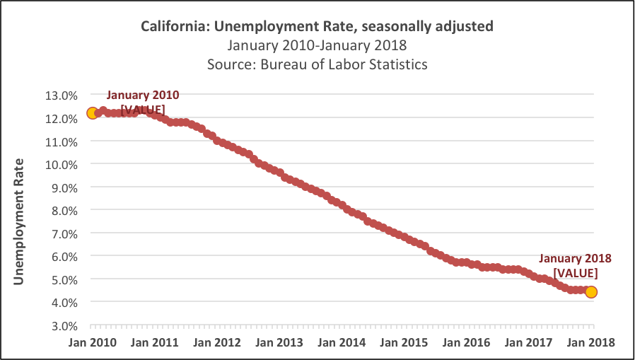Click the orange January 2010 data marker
point(92,112)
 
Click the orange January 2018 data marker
point(591,292)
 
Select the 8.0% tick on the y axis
point(64,210)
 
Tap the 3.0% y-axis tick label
point(64,325)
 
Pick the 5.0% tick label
point(64,279)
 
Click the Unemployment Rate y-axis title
point(19,222)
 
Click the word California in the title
point(171,28)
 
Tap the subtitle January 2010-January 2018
point(317,46)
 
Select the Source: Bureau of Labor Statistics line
point(317,64)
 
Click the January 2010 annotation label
point(143,95)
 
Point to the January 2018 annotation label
point(576,259)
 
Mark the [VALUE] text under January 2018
point(576,273)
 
